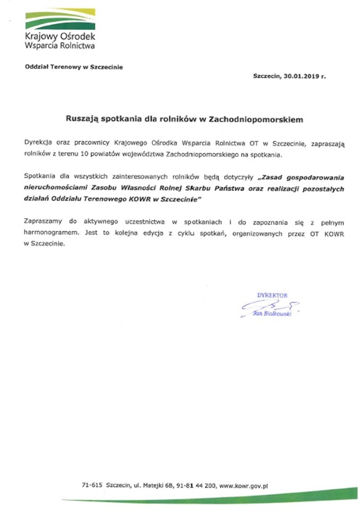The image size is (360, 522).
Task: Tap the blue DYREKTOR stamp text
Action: [272, 295]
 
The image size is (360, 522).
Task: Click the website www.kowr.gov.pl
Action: [243, 486]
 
